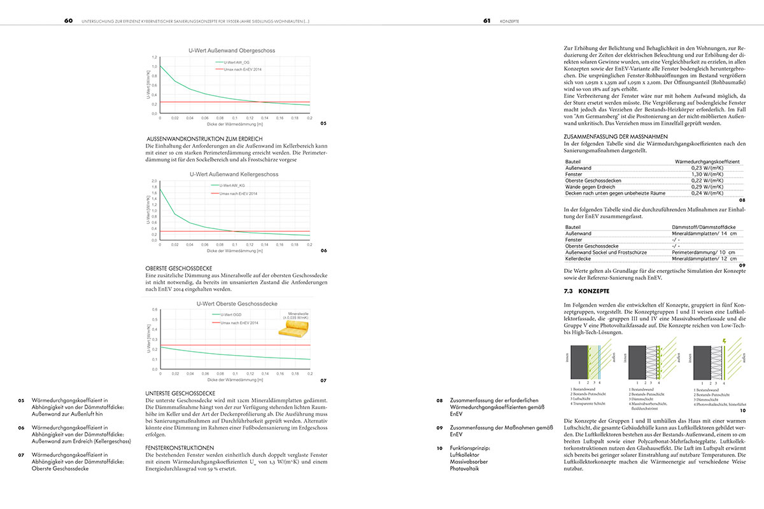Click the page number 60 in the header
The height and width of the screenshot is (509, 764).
click(x=67, y=20)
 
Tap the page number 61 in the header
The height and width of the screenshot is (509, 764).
click(x=486, y=20)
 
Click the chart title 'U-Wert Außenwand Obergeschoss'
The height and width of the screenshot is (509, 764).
click(x=232, y=50)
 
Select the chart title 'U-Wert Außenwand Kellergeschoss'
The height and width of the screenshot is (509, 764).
click(x=232, y=173)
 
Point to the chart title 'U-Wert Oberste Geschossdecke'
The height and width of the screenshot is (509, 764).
click(x=232, y=303)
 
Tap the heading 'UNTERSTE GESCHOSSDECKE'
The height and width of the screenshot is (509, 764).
click(x=180, y=393)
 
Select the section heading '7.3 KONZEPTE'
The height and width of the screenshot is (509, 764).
click(x=584, y=291)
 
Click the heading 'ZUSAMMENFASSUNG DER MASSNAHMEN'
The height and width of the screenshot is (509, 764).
click(x=612, y=136)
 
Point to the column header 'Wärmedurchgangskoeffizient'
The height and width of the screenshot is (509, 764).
click(x=707, y=162)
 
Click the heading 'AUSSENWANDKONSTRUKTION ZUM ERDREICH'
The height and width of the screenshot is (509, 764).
click(x=205, y=139)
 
